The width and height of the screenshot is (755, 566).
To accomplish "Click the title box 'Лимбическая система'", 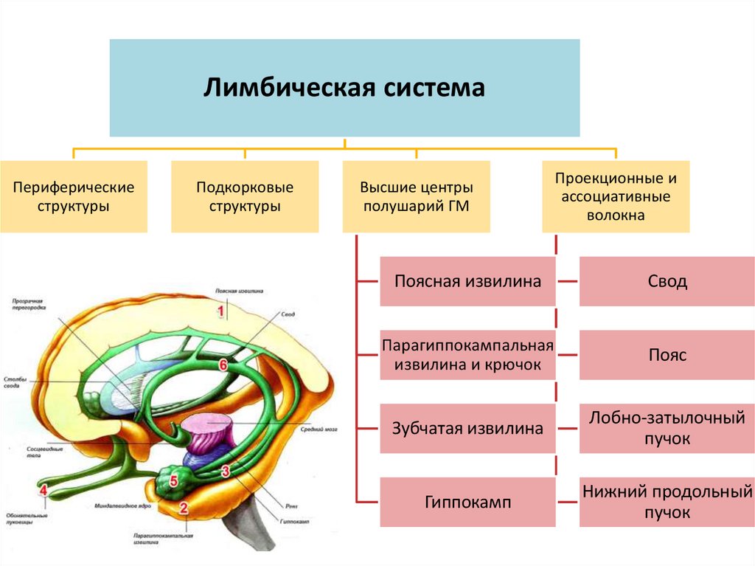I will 344,88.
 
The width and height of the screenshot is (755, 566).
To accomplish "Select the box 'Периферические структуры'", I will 74,196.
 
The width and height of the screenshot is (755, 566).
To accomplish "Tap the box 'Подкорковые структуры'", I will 245,196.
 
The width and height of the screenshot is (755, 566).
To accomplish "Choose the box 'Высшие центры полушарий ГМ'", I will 416,196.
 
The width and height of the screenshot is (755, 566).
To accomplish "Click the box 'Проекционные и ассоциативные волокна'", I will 616,196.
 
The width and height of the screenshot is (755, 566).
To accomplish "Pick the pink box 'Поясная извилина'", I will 467,281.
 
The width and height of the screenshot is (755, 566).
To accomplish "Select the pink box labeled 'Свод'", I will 667,281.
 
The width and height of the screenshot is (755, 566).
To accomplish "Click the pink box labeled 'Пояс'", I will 667,355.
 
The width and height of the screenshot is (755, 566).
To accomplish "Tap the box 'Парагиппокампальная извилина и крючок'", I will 467,355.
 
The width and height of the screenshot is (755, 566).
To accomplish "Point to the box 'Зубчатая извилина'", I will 467,428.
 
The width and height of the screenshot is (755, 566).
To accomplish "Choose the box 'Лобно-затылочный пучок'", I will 667,428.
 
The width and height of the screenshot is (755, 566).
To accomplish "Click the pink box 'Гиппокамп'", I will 467,503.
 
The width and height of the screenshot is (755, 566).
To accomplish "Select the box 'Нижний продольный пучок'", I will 667,503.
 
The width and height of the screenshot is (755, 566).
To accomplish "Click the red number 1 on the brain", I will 220,312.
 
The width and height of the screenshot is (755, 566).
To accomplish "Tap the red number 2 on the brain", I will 184,508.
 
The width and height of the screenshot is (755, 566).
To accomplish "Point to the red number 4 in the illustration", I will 44,489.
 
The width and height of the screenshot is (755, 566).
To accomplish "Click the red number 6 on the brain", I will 223,364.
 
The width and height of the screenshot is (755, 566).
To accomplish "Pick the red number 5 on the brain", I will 174,482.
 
